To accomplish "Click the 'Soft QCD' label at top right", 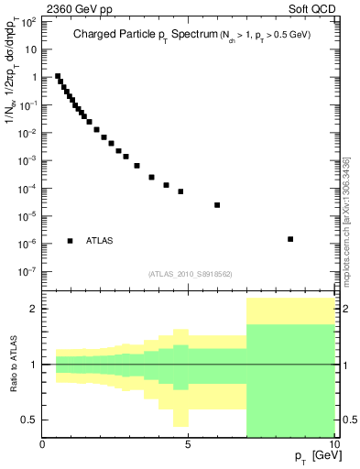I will coord(311,11).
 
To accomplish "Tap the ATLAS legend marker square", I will coord(71,241).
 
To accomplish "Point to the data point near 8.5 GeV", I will coord(290,239).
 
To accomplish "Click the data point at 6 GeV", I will coord(217,205).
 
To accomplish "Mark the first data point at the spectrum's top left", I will coord(58,76).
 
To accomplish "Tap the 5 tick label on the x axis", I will coord(188,445).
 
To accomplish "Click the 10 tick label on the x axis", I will coord(333,445).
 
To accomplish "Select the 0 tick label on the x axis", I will coord(43,445).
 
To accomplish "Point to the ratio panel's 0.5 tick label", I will coord(28,420).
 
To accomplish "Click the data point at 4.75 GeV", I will coord(180,191).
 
